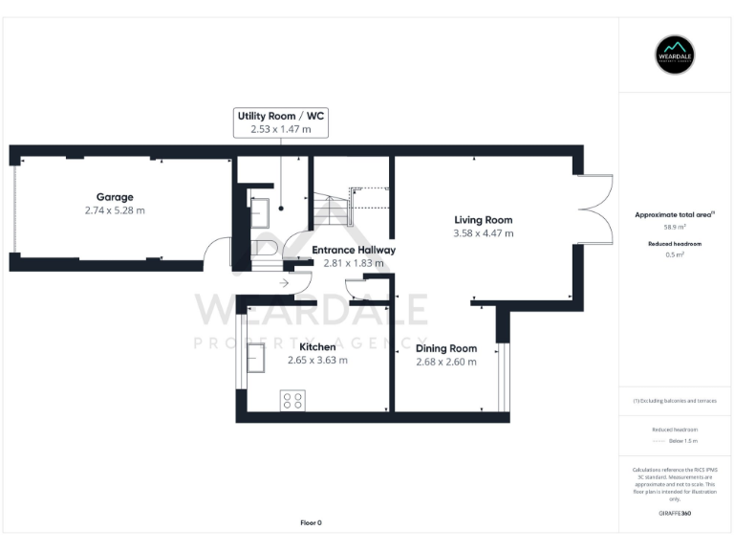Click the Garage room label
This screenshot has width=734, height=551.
114,197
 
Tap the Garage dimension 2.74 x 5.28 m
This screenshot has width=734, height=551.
114,209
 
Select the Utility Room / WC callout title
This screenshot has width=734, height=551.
280,115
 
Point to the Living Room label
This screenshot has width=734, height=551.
483,220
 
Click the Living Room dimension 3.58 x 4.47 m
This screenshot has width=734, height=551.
483,232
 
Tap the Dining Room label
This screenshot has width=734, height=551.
446,348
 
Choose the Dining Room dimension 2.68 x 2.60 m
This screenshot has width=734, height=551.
446,362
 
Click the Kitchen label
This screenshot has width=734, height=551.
317,346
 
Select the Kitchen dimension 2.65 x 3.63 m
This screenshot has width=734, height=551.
317,360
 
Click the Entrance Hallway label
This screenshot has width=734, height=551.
353,250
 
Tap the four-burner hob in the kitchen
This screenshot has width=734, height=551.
292,401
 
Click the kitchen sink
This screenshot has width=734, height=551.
256,357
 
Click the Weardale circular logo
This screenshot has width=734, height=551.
674,55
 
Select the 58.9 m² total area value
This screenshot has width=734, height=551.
674,228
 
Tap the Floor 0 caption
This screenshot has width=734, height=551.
311,522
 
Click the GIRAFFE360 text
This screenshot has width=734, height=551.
674,514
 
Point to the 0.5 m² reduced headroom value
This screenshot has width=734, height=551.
674,255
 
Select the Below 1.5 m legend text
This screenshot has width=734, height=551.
683,441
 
